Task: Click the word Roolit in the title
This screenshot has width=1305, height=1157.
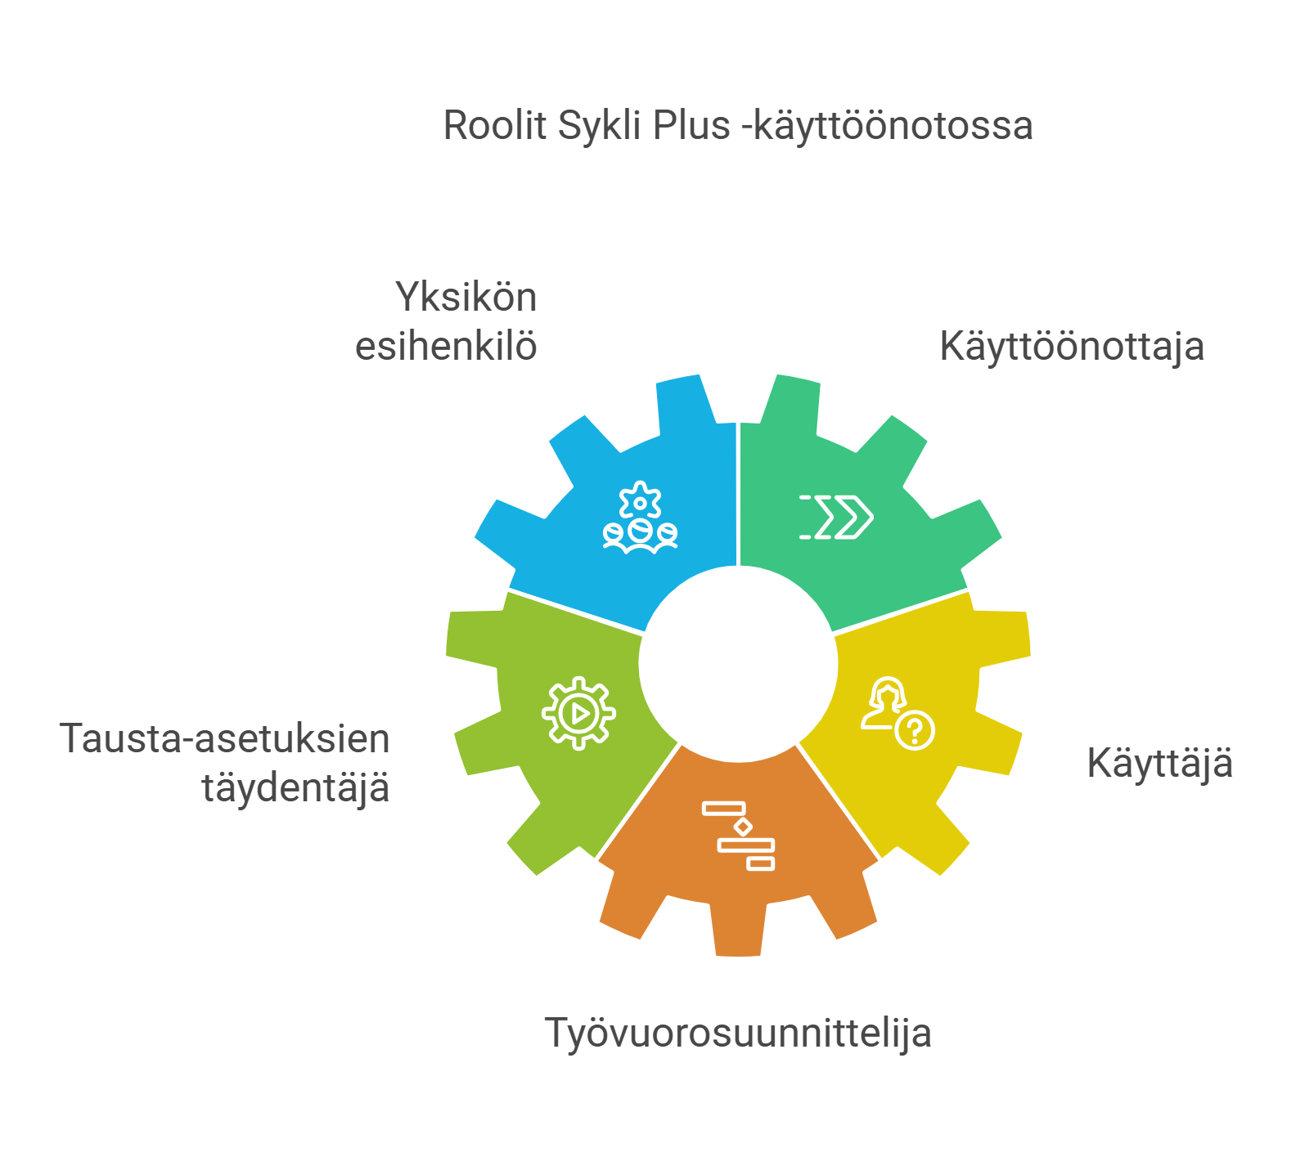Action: click(495, 126)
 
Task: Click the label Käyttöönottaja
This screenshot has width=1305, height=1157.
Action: click(1072, 347)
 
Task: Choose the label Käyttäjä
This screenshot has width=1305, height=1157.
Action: click(1159, 764)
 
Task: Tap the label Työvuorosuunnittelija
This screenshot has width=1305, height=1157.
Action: click(738, 1033)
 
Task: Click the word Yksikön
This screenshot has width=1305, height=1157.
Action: click(466, 297)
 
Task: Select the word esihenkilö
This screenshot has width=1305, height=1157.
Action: click(446, 347)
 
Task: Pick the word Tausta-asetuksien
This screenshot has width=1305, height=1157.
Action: click(225, 738)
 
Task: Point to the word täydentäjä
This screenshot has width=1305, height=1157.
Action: click(295, 788)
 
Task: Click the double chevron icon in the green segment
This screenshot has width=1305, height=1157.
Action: click(836, 517)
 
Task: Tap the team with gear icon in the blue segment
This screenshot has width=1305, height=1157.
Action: click(640, 518)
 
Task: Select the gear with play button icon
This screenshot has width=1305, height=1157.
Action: click(578, 713)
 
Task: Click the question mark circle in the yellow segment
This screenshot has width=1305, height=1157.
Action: click(915, 730)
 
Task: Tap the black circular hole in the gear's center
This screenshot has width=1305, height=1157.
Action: click(738, 664)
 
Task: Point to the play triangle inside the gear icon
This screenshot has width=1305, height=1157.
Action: click(580, 714)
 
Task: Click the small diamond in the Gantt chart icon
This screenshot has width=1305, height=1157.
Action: click(743, 827)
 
